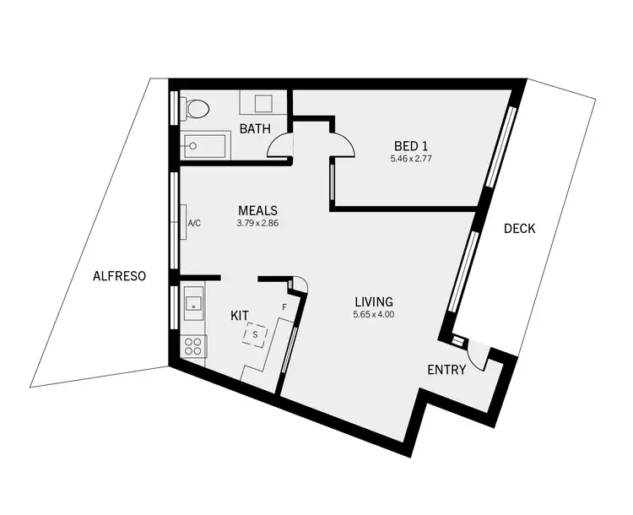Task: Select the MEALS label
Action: coord(257,210)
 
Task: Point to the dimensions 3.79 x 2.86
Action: coord(257,225)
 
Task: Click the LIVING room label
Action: coord(374,301)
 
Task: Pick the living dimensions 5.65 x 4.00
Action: coord(374,315)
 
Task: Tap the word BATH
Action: coord(254,129)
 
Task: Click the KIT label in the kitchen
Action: coord(240,315)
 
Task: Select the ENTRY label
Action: coord(446,369)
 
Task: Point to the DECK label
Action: coord(519,228)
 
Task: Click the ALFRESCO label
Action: coord(120,275)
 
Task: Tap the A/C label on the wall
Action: coord(193,223)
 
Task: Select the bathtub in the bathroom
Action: coord(205,145)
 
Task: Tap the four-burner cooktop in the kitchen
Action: coord(193,346)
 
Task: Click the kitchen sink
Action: coord(192,300)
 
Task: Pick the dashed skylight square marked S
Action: coord(256,335)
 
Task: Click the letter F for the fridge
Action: coord(284,307)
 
